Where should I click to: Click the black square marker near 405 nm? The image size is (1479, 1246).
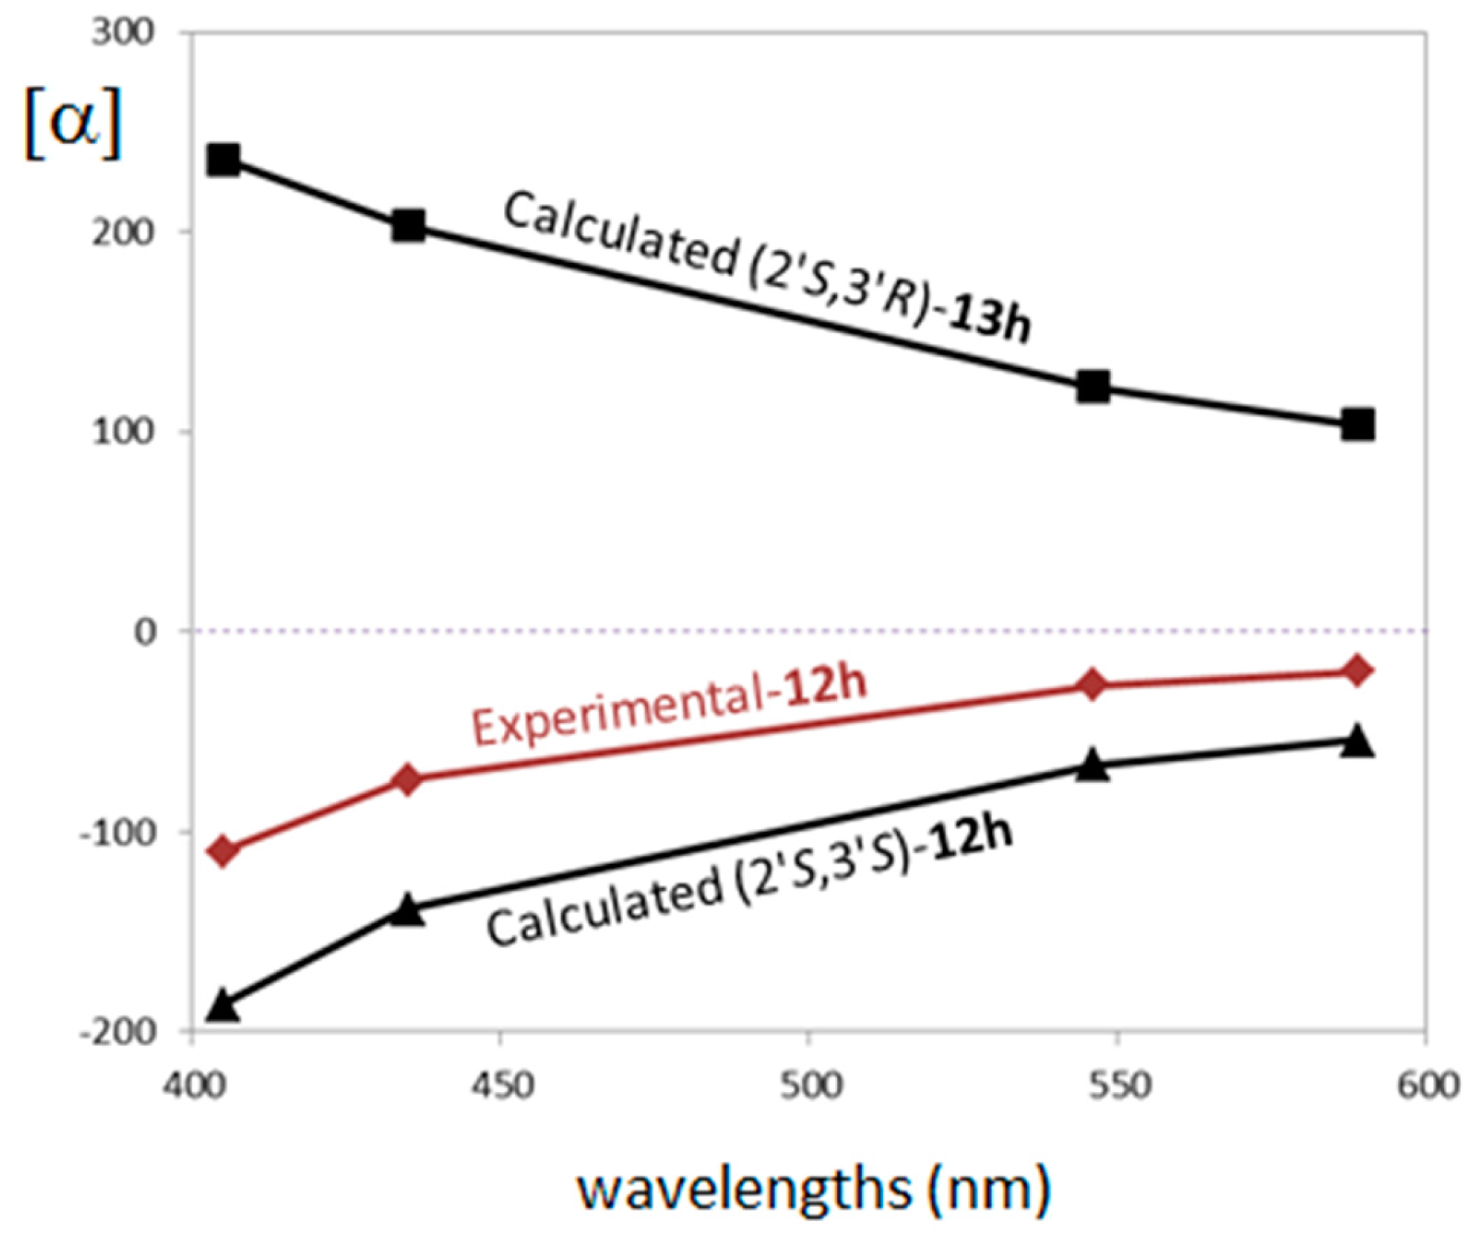(224, 160)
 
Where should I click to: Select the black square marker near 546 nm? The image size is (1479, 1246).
(1093, 386)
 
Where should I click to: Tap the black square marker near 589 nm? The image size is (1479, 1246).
(1357, 425)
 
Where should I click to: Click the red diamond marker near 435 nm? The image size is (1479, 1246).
(407, 779)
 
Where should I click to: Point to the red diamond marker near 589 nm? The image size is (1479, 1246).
(1357, 671)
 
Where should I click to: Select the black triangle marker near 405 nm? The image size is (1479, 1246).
(222, 1006)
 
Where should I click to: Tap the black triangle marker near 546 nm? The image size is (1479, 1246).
(1093, 765)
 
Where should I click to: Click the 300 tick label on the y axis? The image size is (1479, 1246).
(123, 33)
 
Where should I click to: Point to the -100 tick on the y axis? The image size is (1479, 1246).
(118, 832)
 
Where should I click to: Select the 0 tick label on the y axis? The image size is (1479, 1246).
(146, 632)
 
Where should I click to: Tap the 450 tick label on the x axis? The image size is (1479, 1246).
(502, 1086)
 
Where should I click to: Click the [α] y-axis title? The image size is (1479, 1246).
(72, 123)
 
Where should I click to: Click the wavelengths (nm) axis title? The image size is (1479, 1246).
(814, 1189)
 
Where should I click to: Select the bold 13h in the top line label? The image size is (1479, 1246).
(990, 317)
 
